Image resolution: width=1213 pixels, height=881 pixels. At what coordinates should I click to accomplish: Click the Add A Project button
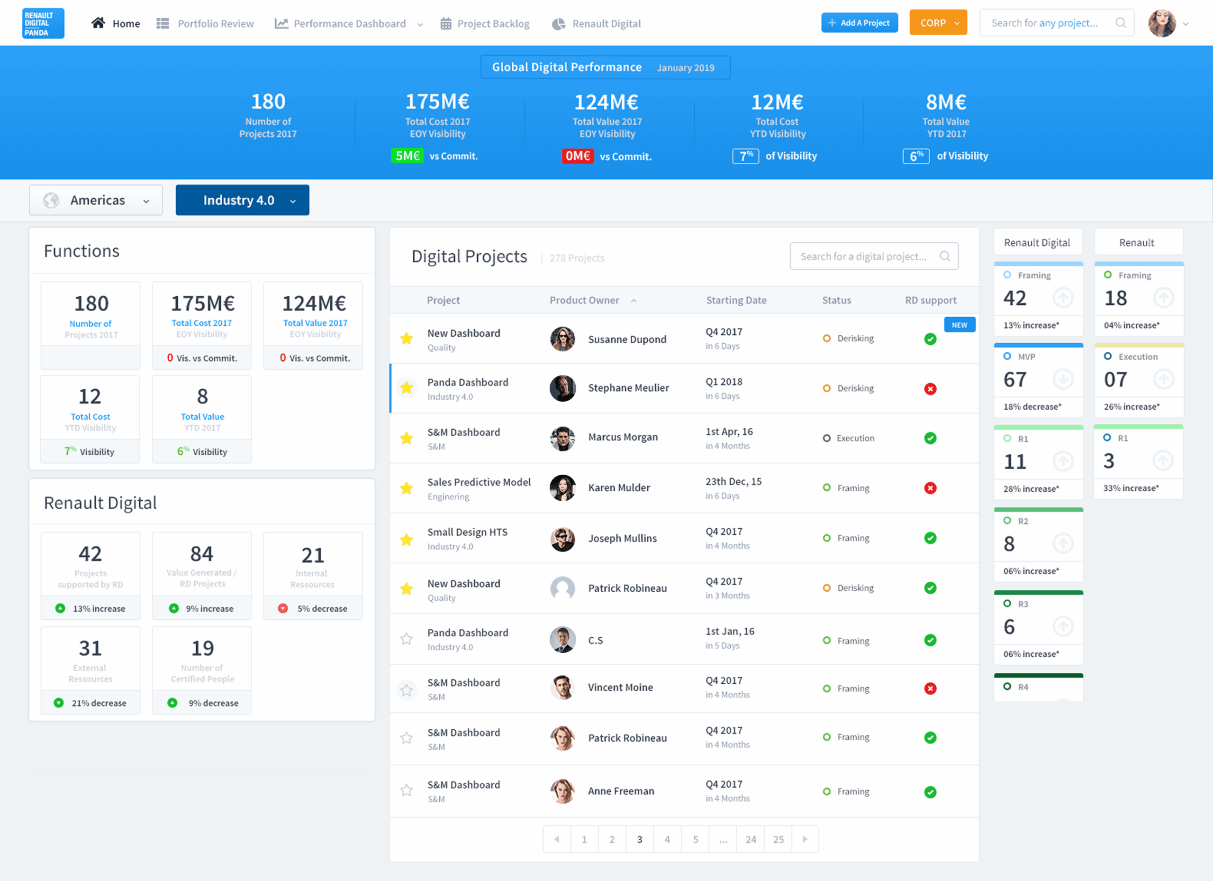(x=859, y=23)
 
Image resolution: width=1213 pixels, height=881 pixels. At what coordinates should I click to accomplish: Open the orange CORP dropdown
(x=938, y=23)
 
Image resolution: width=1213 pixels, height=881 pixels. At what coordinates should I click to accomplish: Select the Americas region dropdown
(x=96, y=200)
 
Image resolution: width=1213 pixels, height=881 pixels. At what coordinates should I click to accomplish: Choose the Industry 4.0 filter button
(x=242, y=200)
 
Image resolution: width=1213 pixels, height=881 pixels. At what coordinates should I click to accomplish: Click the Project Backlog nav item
(x=485, y=24)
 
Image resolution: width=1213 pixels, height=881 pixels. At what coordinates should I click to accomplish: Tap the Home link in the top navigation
(x=116, y=24)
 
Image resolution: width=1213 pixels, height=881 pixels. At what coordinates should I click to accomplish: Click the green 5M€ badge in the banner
(x=407, y=156)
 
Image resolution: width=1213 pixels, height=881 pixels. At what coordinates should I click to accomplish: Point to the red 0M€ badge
(x=578, y=156)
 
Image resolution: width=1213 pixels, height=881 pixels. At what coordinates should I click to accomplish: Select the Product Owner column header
(x=584, y=300)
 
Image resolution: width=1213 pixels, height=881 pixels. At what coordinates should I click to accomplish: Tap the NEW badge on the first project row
(x=959, y=325)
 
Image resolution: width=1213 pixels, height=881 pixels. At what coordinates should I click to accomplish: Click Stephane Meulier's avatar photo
(x=562, y=388)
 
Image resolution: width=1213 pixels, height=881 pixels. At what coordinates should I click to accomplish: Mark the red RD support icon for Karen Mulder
(x=930, y=488)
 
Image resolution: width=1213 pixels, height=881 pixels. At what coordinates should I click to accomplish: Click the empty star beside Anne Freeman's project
(x=407, y=790)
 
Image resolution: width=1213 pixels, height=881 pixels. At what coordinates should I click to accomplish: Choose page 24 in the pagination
(x=751, y=839)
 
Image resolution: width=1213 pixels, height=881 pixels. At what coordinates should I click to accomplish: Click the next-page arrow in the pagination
(x=805, y=839)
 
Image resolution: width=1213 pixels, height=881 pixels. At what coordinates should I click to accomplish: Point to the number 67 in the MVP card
(x=1014, y=379)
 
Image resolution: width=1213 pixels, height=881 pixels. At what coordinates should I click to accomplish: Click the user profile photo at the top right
(x=1162, y=24)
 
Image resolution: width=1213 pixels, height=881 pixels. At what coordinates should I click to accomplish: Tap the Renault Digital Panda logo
(x=43, y=24)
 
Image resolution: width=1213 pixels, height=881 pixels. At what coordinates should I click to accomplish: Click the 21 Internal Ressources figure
(x=313, y=556)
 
